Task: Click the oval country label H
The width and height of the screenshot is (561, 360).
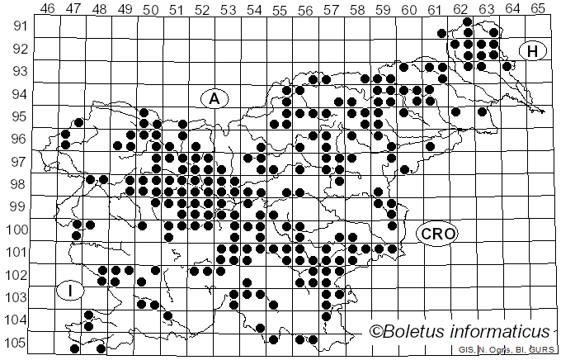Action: [533, 51]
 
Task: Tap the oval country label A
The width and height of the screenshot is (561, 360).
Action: [214, 98]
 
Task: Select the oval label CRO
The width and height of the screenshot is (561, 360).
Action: [437, 234]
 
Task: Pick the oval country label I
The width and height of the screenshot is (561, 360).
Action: [72, 291]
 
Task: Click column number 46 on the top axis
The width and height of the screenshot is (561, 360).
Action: [48, 9]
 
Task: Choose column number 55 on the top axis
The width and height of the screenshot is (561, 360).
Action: [280, 9]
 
